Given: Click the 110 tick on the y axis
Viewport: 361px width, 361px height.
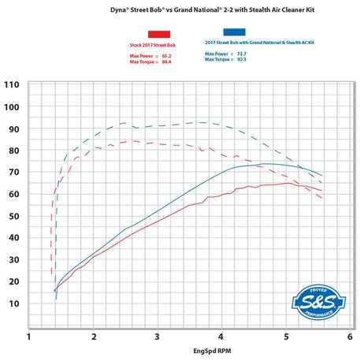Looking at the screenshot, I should (12, 85).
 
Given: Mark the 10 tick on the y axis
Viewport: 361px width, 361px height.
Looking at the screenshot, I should (13, 303).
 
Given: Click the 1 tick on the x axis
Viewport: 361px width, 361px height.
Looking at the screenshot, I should (29, 337).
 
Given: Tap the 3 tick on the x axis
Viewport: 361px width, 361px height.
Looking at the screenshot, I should (158, 337).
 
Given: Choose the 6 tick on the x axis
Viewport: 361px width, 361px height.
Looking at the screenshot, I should (349, 337).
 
